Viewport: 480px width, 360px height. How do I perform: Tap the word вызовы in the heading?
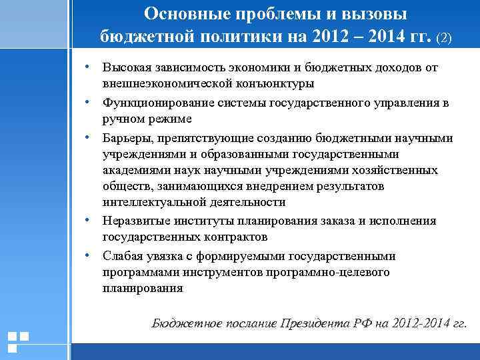[x=376, y=14]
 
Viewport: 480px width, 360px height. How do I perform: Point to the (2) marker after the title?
[x=444, y=37]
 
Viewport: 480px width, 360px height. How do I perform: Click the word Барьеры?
[x=127, y=138]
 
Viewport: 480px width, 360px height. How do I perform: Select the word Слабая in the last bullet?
[x=122, y=255]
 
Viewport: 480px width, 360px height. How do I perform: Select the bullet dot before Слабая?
[x=87, y=255]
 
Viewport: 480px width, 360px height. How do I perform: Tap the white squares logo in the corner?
[x=18, y=341]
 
